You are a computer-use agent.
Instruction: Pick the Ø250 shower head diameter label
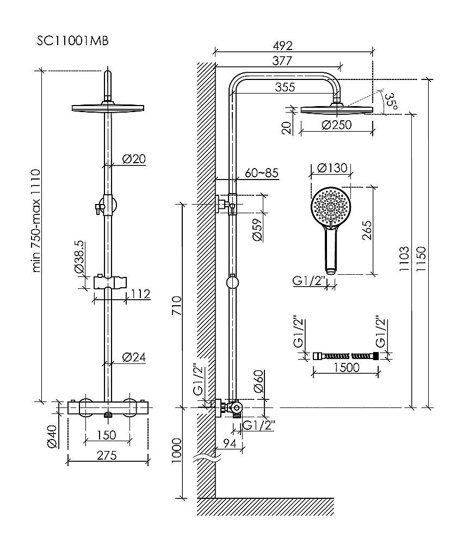pos(336,125)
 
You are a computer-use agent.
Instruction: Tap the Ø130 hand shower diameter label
pos(330,168)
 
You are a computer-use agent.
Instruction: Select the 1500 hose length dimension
pos(344,368)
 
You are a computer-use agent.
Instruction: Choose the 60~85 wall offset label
pos(262,174)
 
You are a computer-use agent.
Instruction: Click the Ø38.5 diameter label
pos(79,257)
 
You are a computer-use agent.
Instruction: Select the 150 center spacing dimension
pos(107,435)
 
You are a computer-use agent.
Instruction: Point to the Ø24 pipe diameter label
pos(133,357)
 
